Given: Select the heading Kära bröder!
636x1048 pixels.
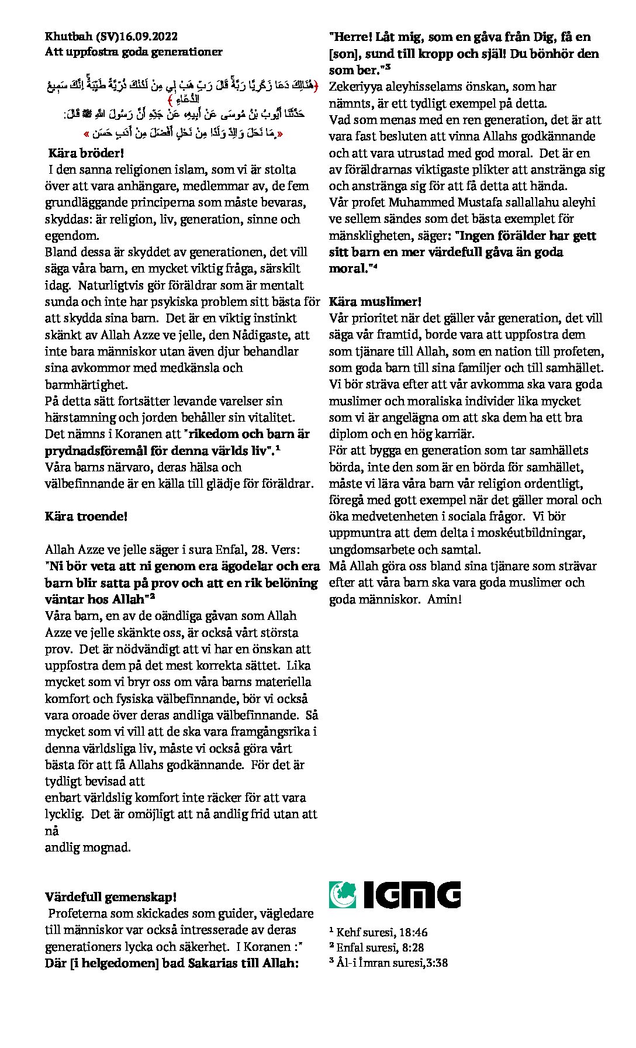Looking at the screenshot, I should [x=87, y=153].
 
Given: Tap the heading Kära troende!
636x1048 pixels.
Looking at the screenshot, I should [x=86, y=516].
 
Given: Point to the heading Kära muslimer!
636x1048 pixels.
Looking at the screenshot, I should [x=375, y=302].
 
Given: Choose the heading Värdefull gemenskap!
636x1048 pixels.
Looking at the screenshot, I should [x=110, y=897].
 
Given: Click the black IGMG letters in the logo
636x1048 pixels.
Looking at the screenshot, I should [x=412, y=895].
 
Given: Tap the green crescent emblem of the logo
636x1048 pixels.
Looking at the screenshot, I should [x=342, y=895].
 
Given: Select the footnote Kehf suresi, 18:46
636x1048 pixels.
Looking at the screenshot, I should [x=381, y=932].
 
